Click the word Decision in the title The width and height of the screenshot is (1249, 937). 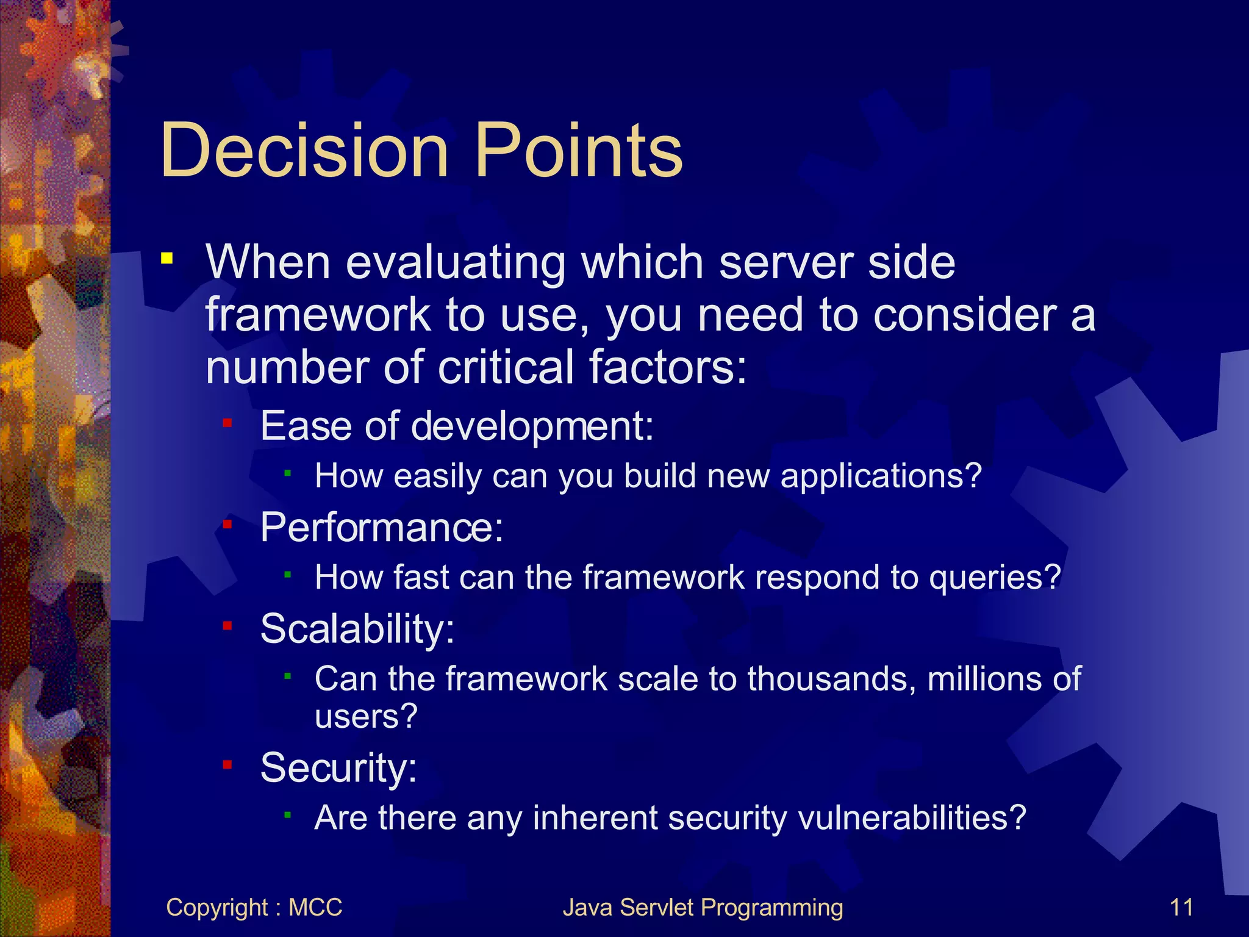[x=304, y=150]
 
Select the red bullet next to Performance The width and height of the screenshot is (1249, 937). [x=227, y=524]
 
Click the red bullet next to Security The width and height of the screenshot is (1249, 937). [x=227, y=764]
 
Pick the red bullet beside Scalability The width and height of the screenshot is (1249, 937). [x=227, y=625]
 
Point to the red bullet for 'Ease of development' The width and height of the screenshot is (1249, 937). [x=227, y=422]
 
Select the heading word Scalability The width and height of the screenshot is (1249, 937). [x=357, y=628]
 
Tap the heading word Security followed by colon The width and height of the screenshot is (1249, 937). [x=338, y=767]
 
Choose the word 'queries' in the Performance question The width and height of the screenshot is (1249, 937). [x=987, y=578]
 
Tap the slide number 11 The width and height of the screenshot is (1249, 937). [x=1181, y=907]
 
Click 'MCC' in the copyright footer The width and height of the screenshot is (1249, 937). [x=315, y=907]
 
